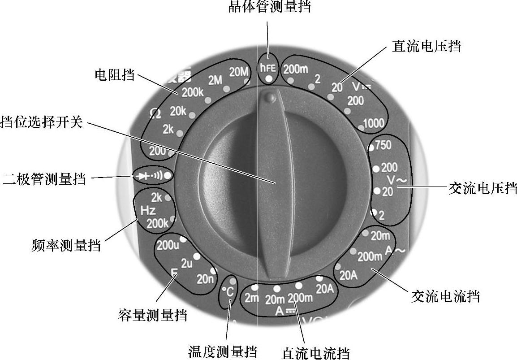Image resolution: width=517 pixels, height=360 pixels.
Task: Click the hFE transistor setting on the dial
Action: pos(269,68)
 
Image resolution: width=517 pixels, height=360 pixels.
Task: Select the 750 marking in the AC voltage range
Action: pos(383,145)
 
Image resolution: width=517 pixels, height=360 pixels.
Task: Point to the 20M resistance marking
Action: pos(238,71)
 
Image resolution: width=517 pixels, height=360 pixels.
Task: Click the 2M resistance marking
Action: pos(215,80)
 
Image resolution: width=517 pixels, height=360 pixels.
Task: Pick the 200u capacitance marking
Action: pos(168,245)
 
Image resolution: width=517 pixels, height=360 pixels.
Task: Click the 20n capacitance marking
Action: pos(205,279)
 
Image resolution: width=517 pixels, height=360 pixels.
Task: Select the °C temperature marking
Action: pos(228,292)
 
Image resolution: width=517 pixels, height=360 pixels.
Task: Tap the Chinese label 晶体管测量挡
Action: pos(269,7)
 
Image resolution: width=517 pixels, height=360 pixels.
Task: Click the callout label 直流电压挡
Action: pos(426,46)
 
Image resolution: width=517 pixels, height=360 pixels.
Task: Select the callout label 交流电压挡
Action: pos(483,187)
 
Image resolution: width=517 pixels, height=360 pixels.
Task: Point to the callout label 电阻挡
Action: pos(114,74)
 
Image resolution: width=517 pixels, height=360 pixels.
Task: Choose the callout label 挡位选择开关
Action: pos(42,122)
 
